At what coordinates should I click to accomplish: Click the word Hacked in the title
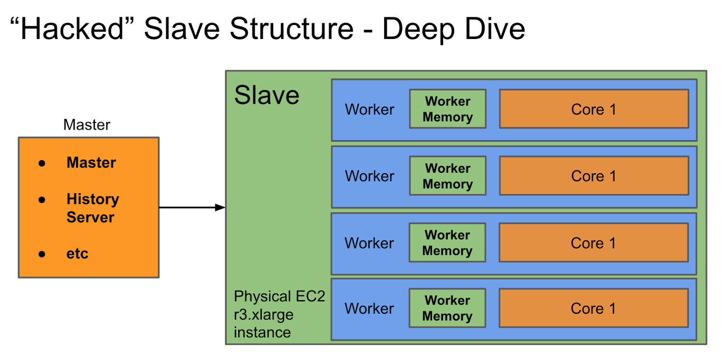point(72,29)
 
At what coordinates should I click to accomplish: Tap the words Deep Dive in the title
point(453,29)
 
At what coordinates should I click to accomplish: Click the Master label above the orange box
point(87,125)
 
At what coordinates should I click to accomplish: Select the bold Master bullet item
point(91,162)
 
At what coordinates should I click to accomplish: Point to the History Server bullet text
point(92,208)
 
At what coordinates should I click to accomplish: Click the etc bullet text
point(77,253)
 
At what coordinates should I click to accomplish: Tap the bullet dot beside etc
point(42,254)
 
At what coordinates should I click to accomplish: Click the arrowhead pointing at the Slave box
point(220,208)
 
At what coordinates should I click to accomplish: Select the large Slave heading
point(266,95)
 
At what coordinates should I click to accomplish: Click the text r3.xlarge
point(263,314)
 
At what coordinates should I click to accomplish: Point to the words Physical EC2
point(279,296)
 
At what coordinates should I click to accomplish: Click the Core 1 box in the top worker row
point(594,109)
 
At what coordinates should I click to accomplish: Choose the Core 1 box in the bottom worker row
point(593,308)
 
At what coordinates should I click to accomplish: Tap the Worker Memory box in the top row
point(448,109)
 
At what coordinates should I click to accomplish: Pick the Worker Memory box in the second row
point(448,176)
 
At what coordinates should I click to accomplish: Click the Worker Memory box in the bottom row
point(447,308)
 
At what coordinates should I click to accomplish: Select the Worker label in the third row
point(369,243)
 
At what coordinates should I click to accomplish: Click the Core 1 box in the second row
point(594,176)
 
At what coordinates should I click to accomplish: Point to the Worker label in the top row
point(369,109)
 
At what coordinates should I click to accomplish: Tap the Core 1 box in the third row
point(593,243)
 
